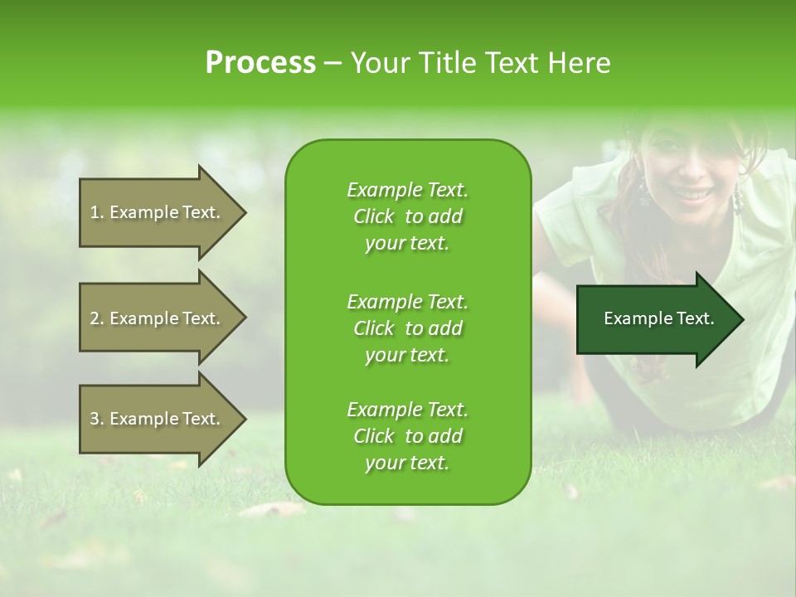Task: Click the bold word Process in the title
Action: click(260, 63)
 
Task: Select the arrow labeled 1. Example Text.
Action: click(158, 212)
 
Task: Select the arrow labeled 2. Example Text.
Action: click(158, 318)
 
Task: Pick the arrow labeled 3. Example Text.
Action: click(158, 419)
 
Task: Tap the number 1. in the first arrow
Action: click(97, 212)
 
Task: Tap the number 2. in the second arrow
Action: click(97, 318)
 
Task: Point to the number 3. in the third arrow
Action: click(97, 419)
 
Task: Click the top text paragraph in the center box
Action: click(407, 216)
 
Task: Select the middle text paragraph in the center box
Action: click(407, 328)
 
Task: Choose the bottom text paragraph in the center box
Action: click(407, 436)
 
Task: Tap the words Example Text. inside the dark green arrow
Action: click(659, 318)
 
